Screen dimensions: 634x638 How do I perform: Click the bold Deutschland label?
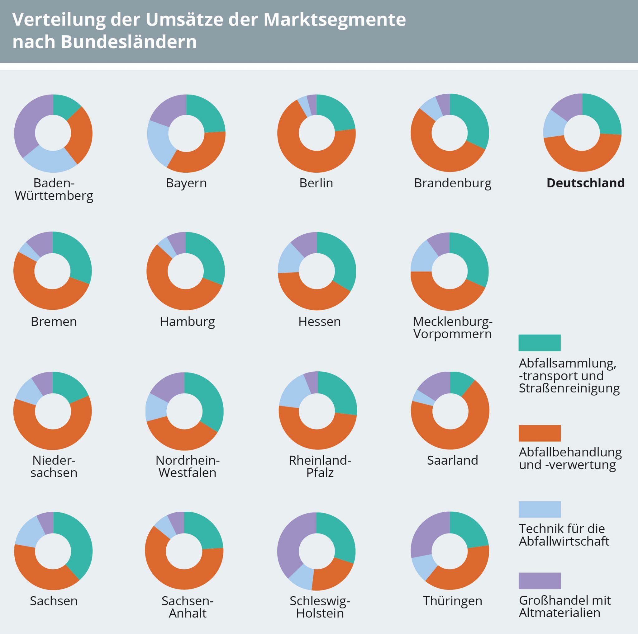pyautogui.click(x=585, y=183)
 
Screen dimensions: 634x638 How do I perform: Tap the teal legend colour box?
pyautogui.click(x=540, y=343)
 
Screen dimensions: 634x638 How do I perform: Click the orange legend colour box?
pyautogui.click(x=540, y=433)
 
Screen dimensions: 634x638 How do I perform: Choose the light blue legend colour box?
pyautogui.click(x=540, y=509)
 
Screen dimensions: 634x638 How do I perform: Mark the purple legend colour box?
pyautogui.click(x=540, y=580)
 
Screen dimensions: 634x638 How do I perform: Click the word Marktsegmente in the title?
pyautogui.click(x=334, y=20)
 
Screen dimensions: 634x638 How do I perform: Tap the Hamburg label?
pyautogui.click(x=187, y=322)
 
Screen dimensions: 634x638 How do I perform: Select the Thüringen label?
pyautogui.click(x=452, y=601)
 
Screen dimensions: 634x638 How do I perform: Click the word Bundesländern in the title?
pyautogui.click(x=129, y=42)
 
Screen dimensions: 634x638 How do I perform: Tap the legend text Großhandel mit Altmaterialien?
pyautogui.click(x=565, y=606)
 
